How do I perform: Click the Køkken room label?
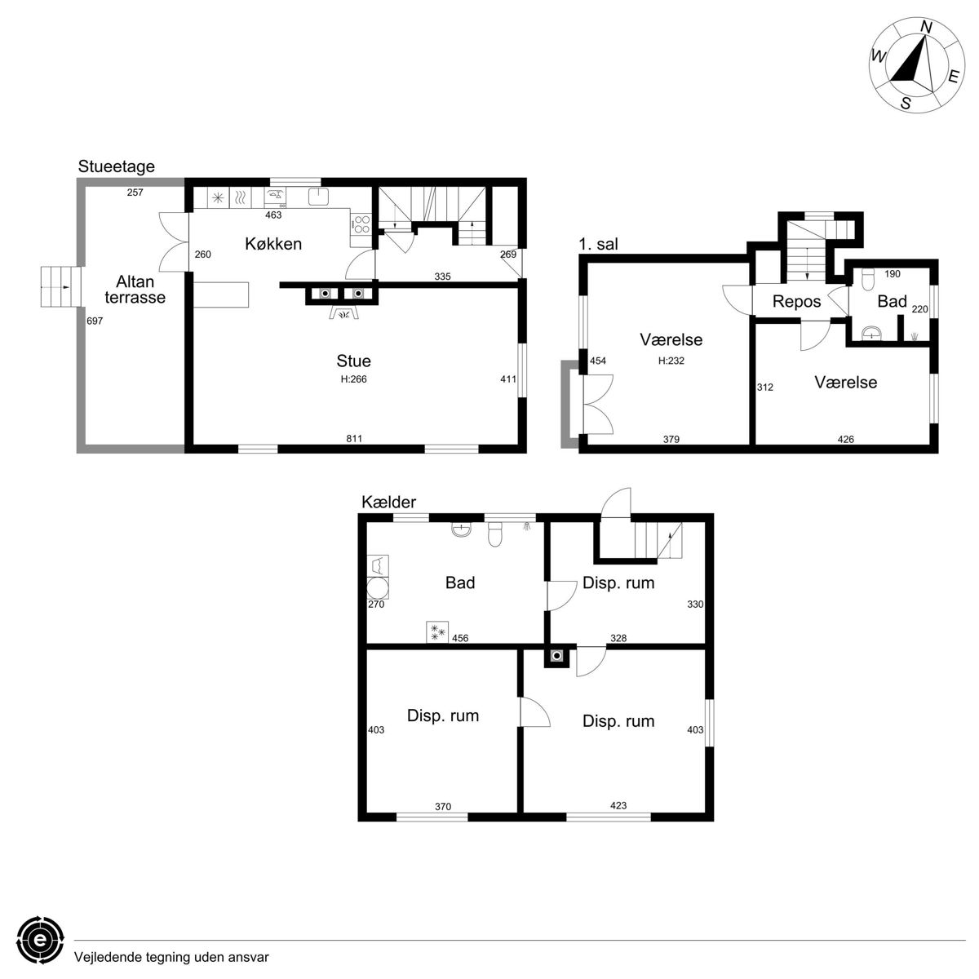coord(272,244)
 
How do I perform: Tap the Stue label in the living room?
coord(353,361)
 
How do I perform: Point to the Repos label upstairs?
coord(796,302)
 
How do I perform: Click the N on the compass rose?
coord(926,28)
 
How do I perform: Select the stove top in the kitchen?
coord(361,224)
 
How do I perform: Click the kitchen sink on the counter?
coord(318,196)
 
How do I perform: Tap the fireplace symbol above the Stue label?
coord(344,313)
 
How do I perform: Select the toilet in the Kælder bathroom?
coord(494,535)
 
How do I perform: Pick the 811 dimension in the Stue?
coord(353,438)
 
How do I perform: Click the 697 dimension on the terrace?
coord(95,321)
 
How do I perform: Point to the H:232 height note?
coord(671,361)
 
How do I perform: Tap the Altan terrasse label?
coord(135,289)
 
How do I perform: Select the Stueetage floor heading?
coord(117,166)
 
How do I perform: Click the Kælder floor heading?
coord(388,502)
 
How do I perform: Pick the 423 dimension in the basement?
coord(618,805)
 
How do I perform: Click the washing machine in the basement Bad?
coord(378,588)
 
